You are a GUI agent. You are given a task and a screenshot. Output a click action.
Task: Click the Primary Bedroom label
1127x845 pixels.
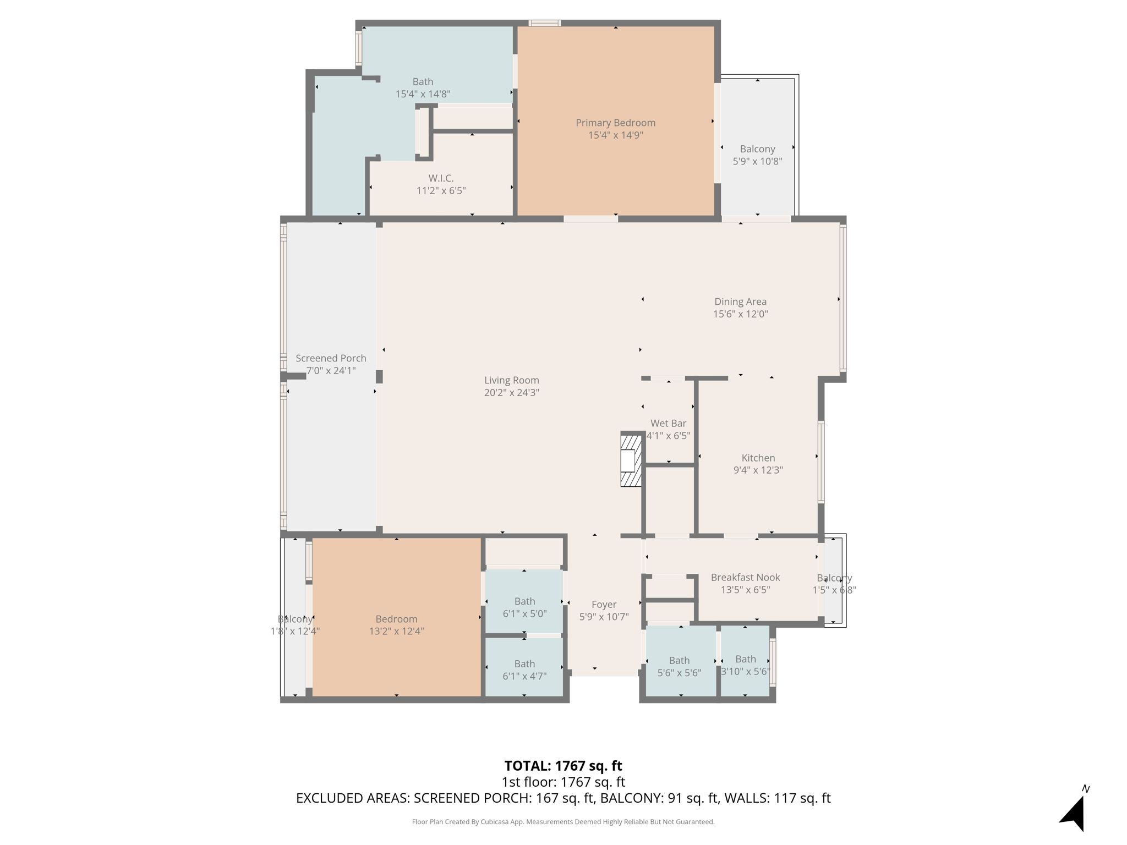[615, 123]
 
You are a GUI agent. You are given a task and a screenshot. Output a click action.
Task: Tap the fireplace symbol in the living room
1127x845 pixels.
[631, 460]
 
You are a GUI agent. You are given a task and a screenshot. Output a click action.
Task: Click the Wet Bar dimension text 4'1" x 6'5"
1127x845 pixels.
[668, 436]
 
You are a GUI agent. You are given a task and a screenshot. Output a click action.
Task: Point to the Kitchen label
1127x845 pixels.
[758, 458]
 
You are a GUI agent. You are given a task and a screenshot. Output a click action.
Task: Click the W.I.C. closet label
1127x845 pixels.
[441, 178]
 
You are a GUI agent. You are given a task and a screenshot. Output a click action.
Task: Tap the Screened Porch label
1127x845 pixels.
[331, 358]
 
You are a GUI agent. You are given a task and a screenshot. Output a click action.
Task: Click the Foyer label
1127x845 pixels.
[604, 605]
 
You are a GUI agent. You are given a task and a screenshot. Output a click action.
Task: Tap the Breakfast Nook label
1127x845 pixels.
[745, 577]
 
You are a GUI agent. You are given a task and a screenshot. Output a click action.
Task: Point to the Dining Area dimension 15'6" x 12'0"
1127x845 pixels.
[740, 314]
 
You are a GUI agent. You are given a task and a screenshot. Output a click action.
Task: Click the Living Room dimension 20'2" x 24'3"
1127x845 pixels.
[511, 393]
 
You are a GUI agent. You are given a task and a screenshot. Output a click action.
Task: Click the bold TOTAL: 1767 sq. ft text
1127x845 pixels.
[563, 766]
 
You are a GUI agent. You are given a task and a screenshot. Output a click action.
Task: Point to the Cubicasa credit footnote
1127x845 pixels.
[563, 822]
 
